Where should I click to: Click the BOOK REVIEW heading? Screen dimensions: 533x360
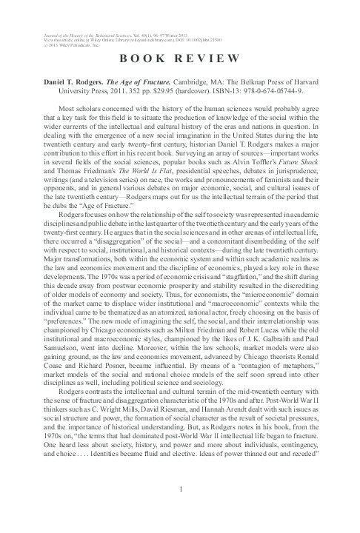(181, 58)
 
